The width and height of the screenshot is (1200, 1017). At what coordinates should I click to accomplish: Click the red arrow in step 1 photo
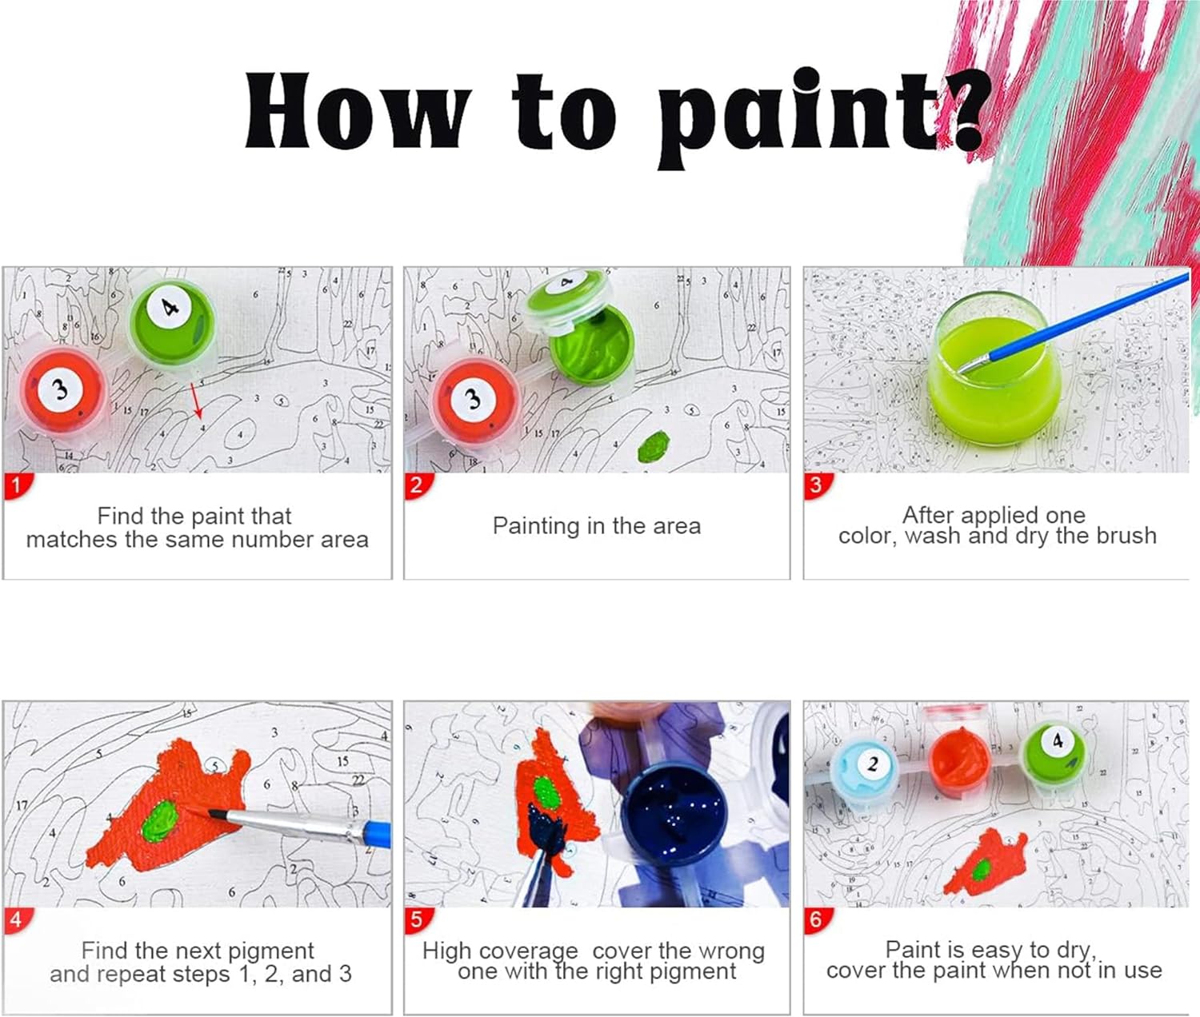pyautogui.click(x=197, y=401)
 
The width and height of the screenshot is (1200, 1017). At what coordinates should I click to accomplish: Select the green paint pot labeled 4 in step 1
pyautogui.click(x=171, y=321)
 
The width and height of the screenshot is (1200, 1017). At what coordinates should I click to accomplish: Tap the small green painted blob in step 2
pyautogui.click(x=654, y=446)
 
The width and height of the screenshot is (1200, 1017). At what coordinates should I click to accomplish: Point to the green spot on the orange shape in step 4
pyautogui.click(x=161, y=820)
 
